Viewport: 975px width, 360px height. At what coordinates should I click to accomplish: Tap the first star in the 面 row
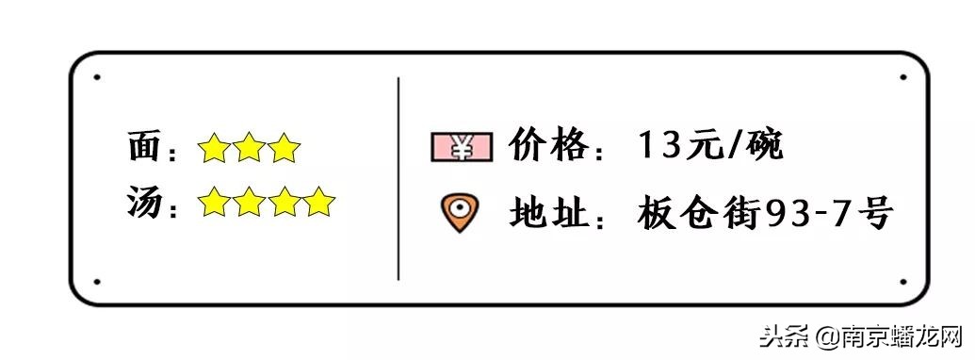[x=214, y=148]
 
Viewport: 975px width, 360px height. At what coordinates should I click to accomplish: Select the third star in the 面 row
[x=284, y=148]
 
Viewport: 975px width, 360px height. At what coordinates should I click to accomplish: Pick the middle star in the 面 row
[x=249, y=148]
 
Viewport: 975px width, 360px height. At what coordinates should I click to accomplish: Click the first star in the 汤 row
[x=214, y=202]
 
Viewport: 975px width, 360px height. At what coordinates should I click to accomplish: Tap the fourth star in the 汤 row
[x=318, y=202]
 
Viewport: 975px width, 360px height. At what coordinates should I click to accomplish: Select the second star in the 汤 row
[x=249, y=202]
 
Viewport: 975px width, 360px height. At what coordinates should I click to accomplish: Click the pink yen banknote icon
[x=462, y=147]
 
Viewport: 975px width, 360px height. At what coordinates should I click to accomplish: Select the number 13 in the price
[x=658, y=147]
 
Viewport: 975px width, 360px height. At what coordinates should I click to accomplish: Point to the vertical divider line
[x=398, y=179]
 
